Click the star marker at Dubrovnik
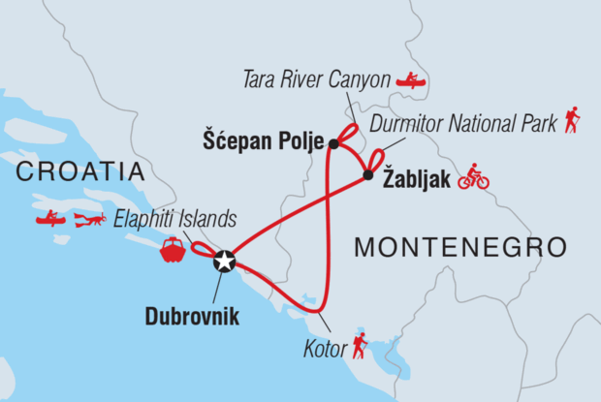pyautogui.click(x=224, y=260)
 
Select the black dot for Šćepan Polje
pyautogui.click(x=333, y=144)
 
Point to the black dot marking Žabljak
pyautogui.click(x=368, y=175)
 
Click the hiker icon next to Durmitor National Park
pyautogui.click(x=573, y=120)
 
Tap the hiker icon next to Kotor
pyautogui.click(x=360, y=345)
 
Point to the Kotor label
pyautogui.click(x=325, y=348)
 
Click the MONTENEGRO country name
pyautogui.click(x=459, y=247)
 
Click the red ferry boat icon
pyautogui.click(x=173, y=249)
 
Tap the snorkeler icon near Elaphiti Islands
pyautogui.click(x=89, y=220)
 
